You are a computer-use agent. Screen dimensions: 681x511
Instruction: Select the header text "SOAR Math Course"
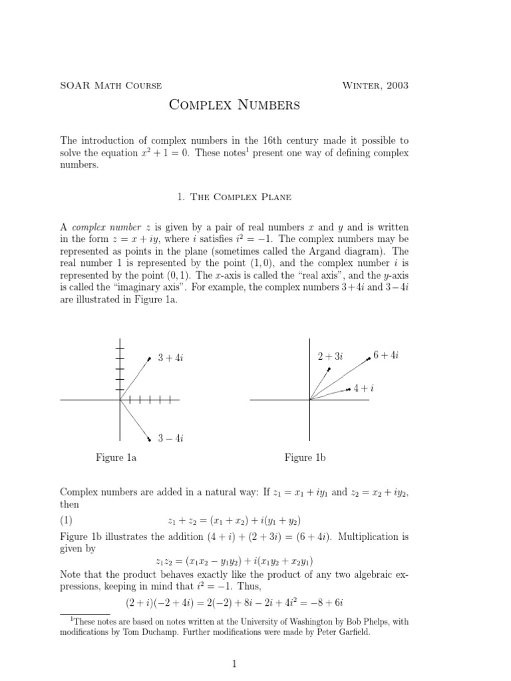[110, 85]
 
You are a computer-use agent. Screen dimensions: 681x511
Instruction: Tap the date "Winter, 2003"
[375, 85]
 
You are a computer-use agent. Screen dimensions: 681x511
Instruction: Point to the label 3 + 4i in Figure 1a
[170, 358]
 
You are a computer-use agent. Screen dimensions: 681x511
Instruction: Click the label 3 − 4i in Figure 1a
[170, 438]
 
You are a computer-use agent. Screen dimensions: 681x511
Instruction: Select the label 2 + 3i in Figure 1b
[330, 356]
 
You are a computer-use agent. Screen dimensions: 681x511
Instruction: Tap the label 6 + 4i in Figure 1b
[385, 356]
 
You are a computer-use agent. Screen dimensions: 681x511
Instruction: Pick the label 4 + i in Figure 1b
[363, 387]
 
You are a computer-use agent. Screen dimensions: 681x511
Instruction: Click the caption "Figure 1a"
[116, 458]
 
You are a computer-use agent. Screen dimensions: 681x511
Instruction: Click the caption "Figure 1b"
[305, 458]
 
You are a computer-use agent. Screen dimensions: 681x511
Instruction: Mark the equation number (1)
[67, 519]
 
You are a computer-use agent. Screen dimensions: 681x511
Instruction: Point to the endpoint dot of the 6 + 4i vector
[369, 359]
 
